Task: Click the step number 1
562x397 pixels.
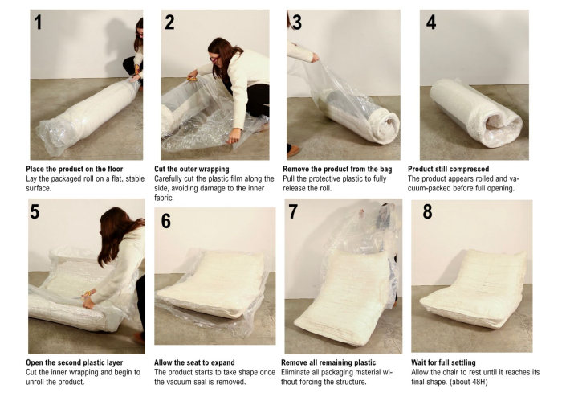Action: click(38, 23)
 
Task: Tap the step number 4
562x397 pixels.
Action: click(431, 23)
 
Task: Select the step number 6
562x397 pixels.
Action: click(165, 221)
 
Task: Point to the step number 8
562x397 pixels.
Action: click(427, 211)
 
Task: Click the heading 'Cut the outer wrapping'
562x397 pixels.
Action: click(191, 169)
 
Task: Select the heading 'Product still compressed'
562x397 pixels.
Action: click(448, 169)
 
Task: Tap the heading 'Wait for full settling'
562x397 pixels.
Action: click(443, 362)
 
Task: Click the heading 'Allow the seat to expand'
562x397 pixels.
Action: click(194, 362)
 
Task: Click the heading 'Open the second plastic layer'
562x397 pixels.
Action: click(74, 362)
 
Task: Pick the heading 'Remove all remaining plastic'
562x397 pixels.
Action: click(328, 362)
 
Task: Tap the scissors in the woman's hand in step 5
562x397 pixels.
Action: click(85, 296)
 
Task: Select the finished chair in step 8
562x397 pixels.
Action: click(473, 289)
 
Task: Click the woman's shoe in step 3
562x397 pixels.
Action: click(293, 150)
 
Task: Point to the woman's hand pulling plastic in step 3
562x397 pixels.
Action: click(315, 57)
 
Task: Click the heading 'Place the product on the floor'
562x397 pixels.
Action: click(74, 169)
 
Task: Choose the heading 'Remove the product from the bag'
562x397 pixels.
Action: click(337, 169)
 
